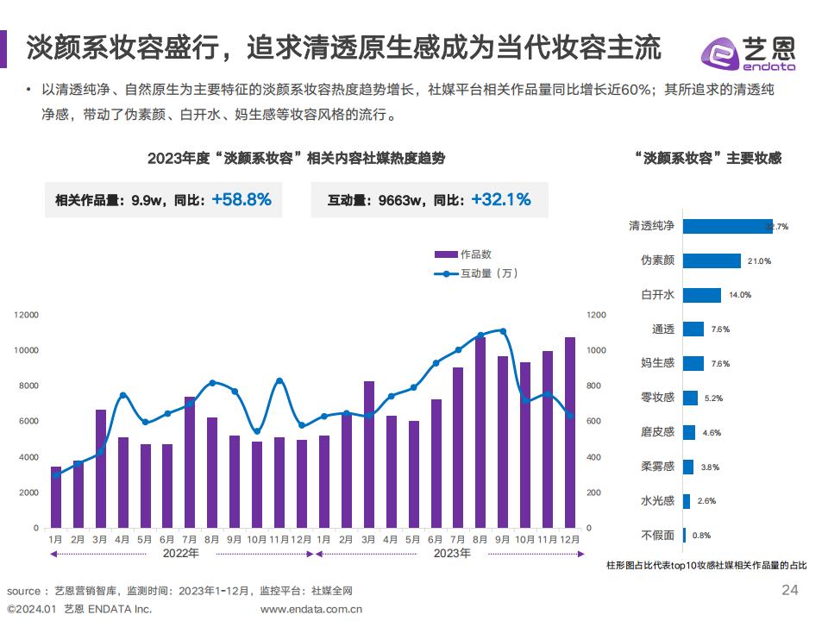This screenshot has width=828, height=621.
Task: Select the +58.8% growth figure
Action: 241,200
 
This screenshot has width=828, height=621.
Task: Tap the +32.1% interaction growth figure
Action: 501,200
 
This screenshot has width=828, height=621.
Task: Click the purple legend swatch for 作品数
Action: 445,254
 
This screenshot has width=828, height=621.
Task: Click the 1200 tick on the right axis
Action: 597,316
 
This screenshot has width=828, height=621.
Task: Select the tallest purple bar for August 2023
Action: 480,431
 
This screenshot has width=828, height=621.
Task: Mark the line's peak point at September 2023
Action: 503,331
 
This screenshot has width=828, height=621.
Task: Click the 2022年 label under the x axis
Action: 180,553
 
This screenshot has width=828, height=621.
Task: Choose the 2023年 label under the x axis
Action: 451,553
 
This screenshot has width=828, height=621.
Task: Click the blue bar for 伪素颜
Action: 712,260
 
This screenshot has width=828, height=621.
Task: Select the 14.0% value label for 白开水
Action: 740,295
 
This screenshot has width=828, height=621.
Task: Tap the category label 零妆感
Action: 657,398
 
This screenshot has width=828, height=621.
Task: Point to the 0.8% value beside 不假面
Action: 701,536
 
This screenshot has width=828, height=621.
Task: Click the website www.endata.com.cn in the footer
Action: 311,609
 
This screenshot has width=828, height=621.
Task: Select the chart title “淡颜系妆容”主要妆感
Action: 707,158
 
